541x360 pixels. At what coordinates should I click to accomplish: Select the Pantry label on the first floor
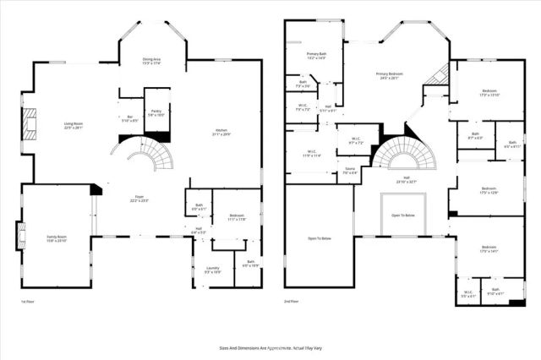[x=156, y=112]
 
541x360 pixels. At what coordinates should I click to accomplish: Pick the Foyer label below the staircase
[x=139, y=199]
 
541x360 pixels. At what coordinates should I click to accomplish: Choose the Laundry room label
[x=211, y=270]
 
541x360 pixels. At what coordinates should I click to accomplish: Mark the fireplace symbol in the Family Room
[x=19, y=236]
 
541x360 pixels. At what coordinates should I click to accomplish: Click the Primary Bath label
[x=315, y=56]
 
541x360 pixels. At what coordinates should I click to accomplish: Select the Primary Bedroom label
[x=388, y=76]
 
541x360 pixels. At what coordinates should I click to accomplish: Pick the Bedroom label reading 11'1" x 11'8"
[x=237, y=217]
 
